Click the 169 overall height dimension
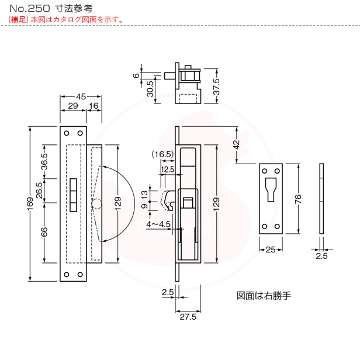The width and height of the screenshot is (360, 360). tap(30, 203)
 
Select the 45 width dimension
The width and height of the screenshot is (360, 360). tap(81, 96)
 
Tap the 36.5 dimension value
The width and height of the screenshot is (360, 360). tap(44, 162)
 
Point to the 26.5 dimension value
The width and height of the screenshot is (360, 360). tap(39, 191)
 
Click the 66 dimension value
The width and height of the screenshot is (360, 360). tap(44, 232)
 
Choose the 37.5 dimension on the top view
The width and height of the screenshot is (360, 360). tap(216, 86)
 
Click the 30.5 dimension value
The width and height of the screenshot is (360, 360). tap(150, 89)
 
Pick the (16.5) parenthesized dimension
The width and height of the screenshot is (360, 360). tap(162, 154)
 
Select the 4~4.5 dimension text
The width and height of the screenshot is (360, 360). tap(158, 224)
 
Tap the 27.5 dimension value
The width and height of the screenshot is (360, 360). tap(188, 317)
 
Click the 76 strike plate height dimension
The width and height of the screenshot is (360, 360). tap(298, 199)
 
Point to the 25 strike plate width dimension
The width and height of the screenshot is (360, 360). tap(271, 250)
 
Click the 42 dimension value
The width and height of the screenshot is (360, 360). tap(236, 145)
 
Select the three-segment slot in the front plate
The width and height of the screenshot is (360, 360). tap(73, 195)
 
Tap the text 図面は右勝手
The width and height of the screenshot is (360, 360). tap(264, 296)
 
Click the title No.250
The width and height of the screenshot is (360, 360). tap(30, 9)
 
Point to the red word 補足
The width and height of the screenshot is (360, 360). tap(18, 19)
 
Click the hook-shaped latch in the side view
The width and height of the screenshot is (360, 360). tap(169, 200)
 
